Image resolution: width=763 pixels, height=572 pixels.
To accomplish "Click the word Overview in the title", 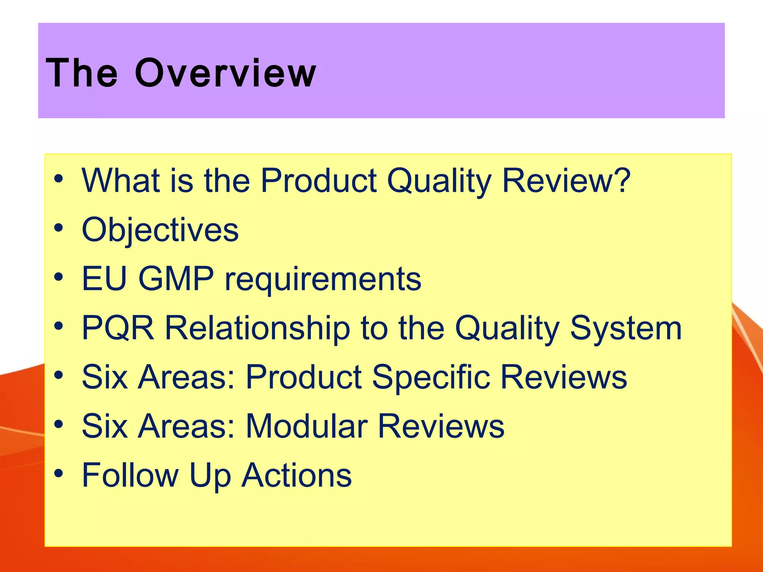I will [x=225, y=73].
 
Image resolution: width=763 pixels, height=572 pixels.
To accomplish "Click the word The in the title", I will [x=82, y=73].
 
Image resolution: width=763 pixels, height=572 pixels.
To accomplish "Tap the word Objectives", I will [x=160, y=230].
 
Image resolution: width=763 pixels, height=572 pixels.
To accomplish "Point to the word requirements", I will [x=323, y=280].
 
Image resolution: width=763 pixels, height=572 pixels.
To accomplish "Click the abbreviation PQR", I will [x=118, y=328].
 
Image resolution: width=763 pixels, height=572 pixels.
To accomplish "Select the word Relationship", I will [x=257, y=328].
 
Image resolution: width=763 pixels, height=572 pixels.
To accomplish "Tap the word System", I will [x=626, y=328].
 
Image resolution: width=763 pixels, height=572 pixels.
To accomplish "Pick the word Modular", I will [x=307, y=426].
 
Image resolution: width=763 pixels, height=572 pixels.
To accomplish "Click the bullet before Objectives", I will [x=58, y=228].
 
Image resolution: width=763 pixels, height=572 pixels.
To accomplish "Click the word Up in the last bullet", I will [x=210, y=476].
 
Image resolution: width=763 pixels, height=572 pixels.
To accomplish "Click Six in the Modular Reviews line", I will [x=105, y=426].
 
